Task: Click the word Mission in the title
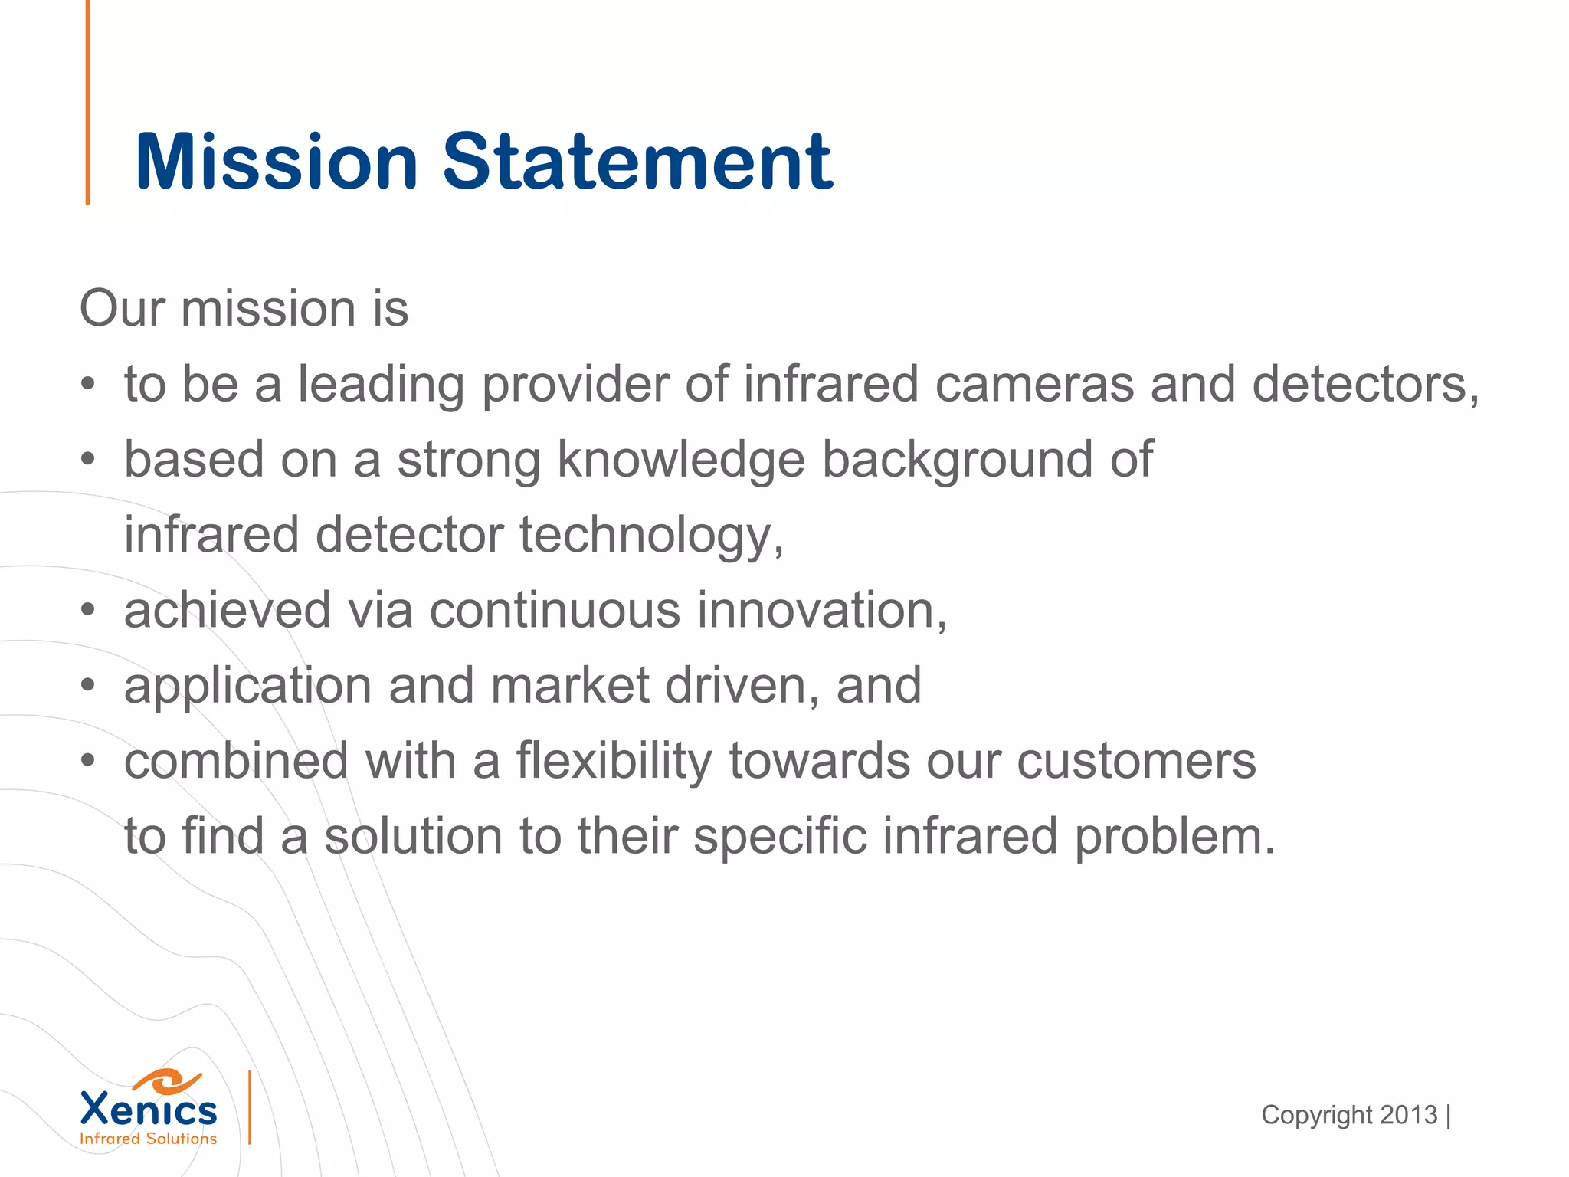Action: point(276,162)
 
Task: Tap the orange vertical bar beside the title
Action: point(87,103)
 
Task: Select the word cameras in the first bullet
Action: point(1034,384)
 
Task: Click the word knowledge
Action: point(681,460)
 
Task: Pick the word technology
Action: point(652,536)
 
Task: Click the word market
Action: point(570,686)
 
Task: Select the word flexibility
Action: point(614,761)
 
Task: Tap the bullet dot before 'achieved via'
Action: point(89,611)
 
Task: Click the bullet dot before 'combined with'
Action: point(89,761)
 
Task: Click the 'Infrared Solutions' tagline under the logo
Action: point(149,1139)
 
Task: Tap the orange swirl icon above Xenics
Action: point(166,1081)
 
